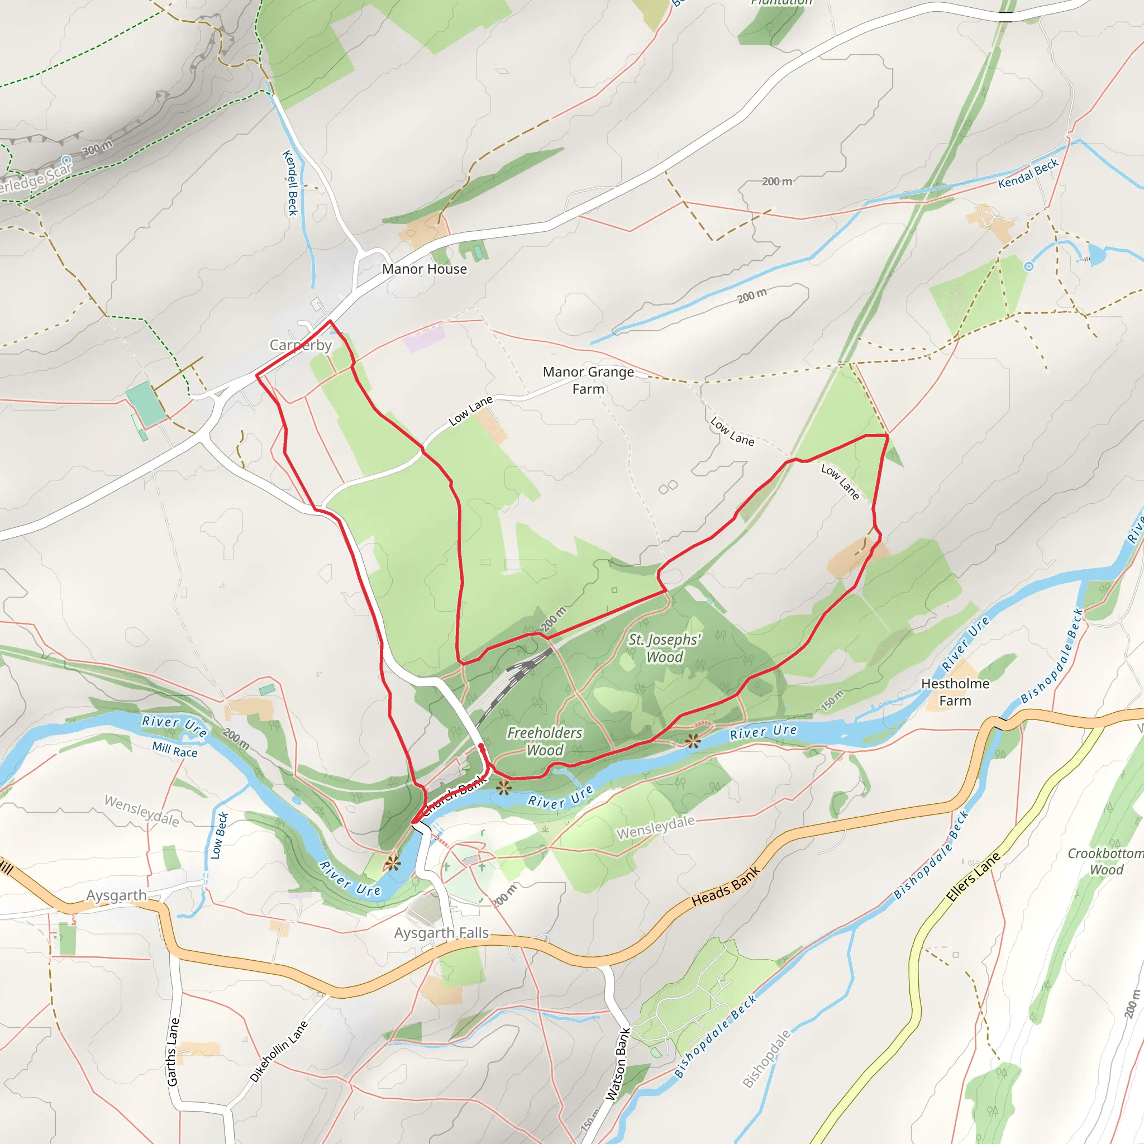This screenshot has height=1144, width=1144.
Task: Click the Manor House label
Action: [424, 269]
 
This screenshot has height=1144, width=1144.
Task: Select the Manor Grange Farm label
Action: [588, 380]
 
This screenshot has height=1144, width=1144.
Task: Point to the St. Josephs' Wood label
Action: [664, 648]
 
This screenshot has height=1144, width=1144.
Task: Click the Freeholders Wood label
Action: [545, 741]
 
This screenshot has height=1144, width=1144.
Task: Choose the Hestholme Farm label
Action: [955, 692]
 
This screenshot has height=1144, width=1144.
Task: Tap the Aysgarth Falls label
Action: [441, 933]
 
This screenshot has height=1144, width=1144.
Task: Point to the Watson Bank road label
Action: [618, 1064]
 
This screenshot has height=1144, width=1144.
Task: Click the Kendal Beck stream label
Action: [1028, 174]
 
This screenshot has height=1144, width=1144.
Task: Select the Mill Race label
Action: [175, 750]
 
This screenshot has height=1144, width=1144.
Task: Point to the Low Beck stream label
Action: [218, 836]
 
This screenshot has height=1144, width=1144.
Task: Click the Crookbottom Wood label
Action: [1105, 861]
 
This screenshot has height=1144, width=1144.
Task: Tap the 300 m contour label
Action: [97, 147]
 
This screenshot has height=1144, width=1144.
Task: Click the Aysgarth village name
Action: [116, 895]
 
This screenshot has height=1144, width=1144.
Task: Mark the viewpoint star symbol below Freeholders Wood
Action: [503, 787]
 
